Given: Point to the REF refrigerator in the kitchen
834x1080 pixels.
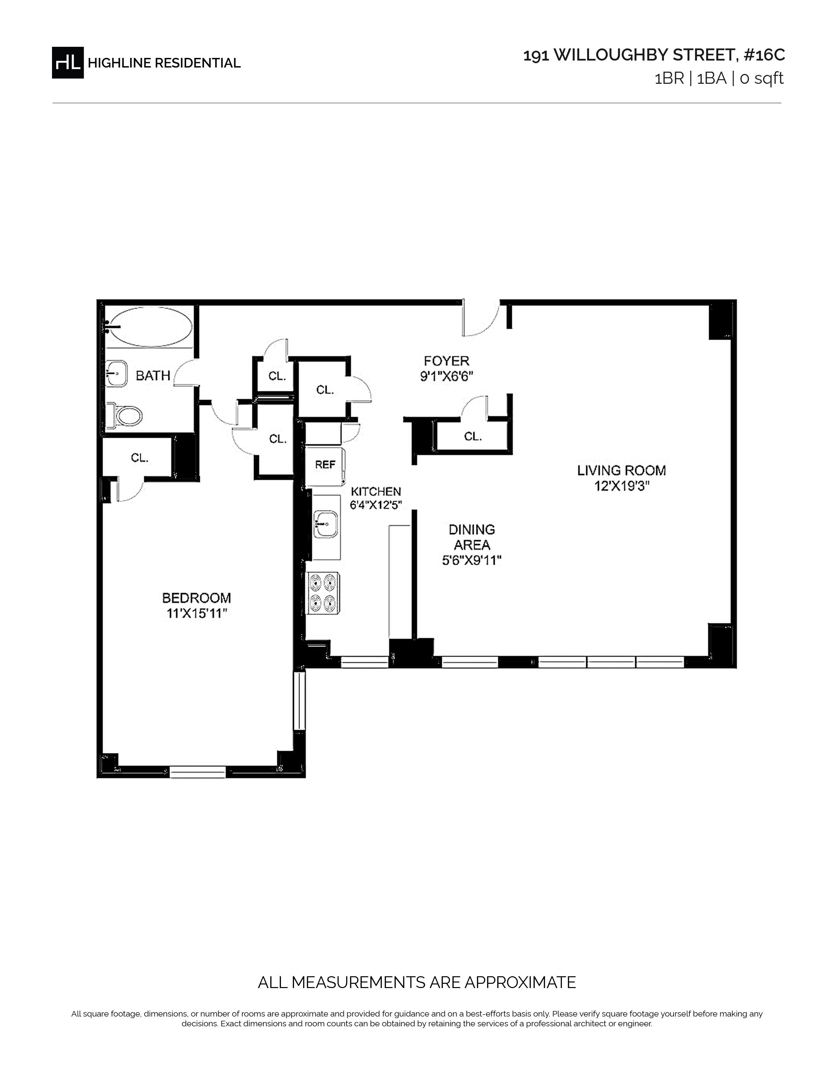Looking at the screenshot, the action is (325, 465).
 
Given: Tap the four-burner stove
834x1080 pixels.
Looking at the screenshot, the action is (323, 593).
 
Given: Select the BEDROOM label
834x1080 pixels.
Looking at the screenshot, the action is (197, 598).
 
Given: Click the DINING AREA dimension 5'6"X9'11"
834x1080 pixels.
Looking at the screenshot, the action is (472, 561).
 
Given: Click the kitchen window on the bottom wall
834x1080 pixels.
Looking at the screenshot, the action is (365, 662).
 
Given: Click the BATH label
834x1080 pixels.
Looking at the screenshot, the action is (153, 376).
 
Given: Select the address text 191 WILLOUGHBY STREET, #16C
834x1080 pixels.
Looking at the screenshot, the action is (654, 55).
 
